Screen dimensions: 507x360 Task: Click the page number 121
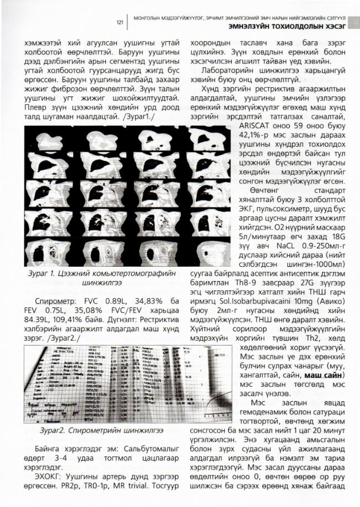[119, 23]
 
